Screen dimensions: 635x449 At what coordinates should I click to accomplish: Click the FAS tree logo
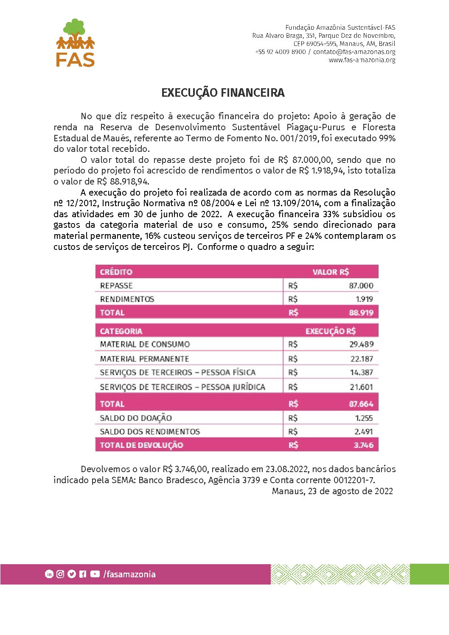tap(75, 42)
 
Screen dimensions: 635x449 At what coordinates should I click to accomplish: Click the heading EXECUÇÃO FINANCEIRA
tap(223, 93)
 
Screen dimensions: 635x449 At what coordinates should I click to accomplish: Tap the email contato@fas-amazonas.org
tap(354, 52)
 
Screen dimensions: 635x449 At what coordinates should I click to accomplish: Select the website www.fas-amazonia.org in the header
tap(362, 60)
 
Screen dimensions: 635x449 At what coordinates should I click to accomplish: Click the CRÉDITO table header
tap(116, 272)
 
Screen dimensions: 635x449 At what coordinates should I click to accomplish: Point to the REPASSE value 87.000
tap(361, 285)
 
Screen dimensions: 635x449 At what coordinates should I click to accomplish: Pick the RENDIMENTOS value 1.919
tap(364, 299)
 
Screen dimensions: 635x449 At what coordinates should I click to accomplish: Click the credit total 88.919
tap(361, 313)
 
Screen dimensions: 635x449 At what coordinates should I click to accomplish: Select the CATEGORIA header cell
tap(121, 331)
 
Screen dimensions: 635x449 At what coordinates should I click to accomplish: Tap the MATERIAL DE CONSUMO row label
tap(145, 344)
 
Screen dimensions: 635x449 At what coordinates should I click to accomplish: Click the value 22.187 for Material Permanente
tap(362, 359)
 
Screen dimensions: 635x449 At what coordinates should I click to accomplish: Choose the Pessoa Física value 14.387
tap(361, 372)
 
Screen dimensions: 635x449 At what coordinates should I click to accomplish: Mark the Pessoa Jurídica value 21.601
tap(361, 387)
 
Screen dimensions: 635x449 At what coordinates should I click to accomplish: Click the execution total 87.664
tap(361, 404)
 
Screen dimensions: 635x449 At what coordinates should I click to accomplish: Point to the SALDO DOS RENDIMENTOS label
tap(150, 431)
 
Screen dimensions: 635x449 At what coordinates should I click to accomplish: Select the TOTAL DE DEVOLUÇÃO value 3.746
tap(363, 445)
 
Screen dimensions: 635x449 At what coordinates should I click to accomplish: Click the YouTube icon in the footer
tap(95, 574)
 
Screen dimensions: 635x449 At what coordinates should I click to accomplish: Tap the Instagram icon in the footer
tap(60, 574)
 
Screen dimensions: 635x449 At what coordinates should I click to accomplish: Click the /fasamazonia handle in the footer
tap(129, 574)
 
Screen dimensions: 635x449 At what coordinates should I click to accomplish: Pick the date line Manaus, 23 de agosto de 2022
tap(332, 491)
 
